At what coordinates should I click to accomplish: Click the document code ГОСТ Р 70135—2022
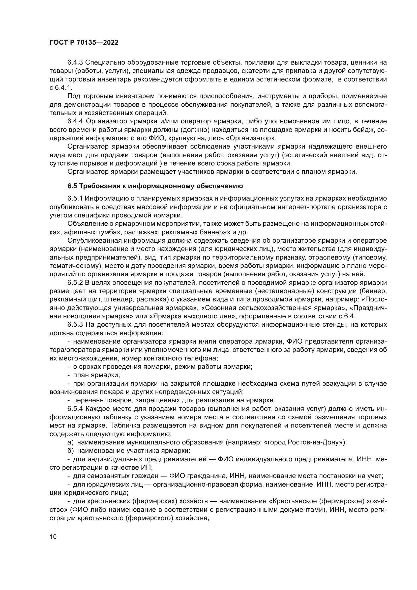pyautogui.click(x=84, y=43)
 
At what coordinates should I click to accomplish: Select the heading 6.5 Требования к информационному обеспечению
pyautogui.click(x=155, y=186)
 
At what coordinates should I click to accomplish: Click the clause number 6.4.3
pyautogui.click(x=75, y=63)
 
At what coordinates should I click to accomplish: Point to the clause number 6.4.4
pyautogui.click(x=75, y=121)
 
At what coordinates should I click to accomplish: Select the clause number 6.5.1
pyautogui.click(x=75, y=199)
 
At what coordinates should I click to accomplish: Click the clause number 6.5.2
pyautogui.click(x=75, y=283)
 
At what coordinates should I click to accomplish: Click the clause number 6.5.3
pyautogui.click(x=75, y=325)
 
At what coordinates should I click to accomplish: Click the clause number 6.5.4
pyautogui.click(x=75, y=409)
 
